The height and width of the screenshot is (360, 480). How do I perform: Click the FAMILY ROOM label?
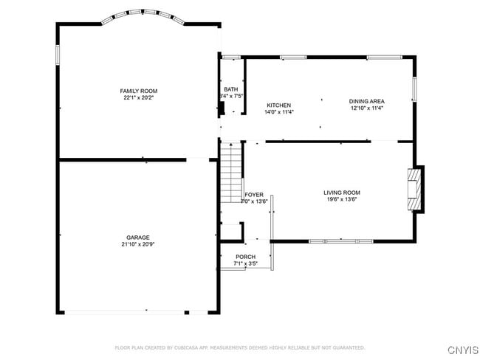tap(139, 91)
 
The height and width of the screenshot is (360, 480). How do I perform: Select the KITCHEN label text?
tap(279, 105)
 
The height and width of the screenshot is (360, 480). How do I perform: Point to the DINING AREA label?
tap(367, 101)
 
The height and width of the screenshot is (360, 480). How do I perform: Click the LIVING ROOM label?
tap(342, 193)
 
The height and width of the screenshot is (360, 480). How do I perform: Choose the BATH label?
tap(231, 90)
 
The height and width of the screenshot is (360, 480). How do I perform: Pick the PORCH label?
tap(246, 257)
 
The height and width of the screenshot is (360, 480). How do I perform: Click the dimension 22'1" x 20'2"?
tap(139, 97)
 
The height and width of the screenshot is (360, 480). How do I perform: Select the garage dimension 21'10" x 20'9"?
tap(138, 245)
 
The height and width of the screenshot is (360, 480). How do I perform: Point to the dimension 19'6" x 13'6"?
tap(342, 198)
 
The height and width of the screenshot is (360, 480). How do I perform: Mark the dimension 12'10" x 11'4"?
tap(367, 108)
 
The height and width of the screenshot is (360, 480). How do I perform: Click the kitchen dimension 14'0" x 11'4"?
tap(279, 112)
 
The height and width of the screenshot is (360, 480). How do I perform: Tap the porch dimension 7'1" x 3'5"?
tap(246, 263)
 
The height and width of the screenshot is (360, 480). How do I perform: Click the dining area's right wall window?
tap(414, 89)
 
